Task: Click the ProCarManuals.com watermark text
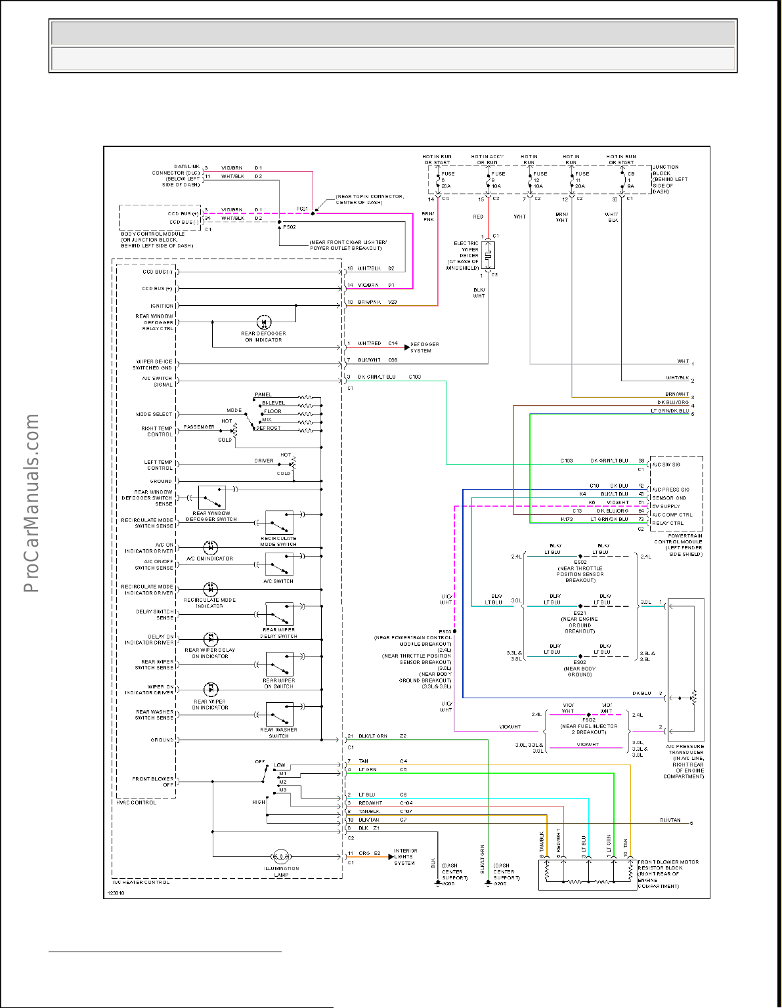pyautogui.click(x=31, y=503)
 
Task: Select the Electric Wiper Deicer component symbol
pyautogui.click(x=487, y=255)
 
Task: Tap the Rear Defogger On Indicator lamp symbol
pyautogui.click(x=263, y=322)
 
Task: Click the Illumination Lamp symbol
pyautogui.click(x=281, y=856)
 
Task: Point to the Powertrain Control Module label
pyautogui.click(x=678, y=545)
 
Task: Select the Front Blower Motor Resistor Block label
pyautogui.click(x=668, y=874)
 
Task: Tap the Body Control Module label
pyautogui.click(x=156, y=240)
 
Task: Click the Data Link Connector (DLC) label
pyautogui.click(x=176, y=175)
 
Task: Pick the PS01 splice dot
pyautogui.click(x=313, y=213)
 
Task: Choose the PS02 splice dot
pyautogui.click(x=280, y=223)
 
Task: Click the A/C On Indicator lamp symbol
pyautogui.click(x=210, y=547)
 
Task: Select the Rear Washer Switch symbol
pyautogui.click(x=279, y=713)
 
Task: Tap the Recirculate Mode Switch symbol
pyautogui.click(x=279, y=523)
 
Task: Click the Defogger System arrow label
pyautogui.click(x=424, y=347)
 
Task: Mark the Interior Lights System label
pyautogui.click(x=405, y=856)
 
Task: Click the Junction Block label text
pyautogui.click(x=670, y=179)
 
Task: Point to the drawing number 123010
pyautogui.click(x=116, y=892)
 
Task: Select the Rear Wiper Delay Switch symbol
pyautogui.click(x=279, y=615)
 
